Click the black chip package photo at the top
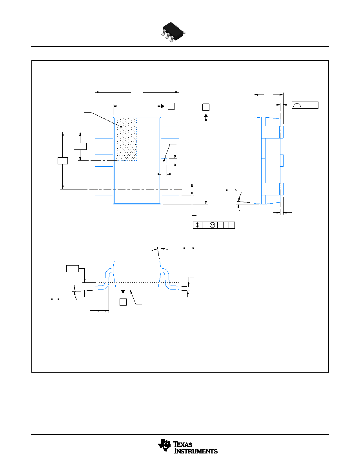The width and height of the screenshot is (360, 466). [x=173, y=32]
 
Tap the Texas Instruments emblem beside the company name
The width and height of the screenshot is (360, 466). [x=165, y=445]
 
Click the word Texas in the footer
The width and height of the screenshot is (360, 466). [x=182, y=444]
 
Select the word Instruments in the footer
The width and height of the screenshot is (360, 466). [x=196, y=451]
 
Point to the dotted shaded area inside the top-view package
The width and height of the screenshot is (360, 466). [x=126, y=139]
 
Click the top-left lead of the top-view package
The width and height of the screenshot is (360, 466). [x=104, y=132]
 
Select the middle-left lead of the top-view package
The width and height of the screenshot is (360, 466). [x=104, y=160]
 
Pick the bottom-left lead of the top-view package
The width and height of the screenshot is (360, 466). [x=104, y=189]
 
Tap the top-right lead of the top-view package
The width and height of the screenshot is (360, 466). [x=170, y=132]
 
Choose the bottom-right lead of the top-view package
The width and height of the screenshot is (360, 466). [x=170, y=189]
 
